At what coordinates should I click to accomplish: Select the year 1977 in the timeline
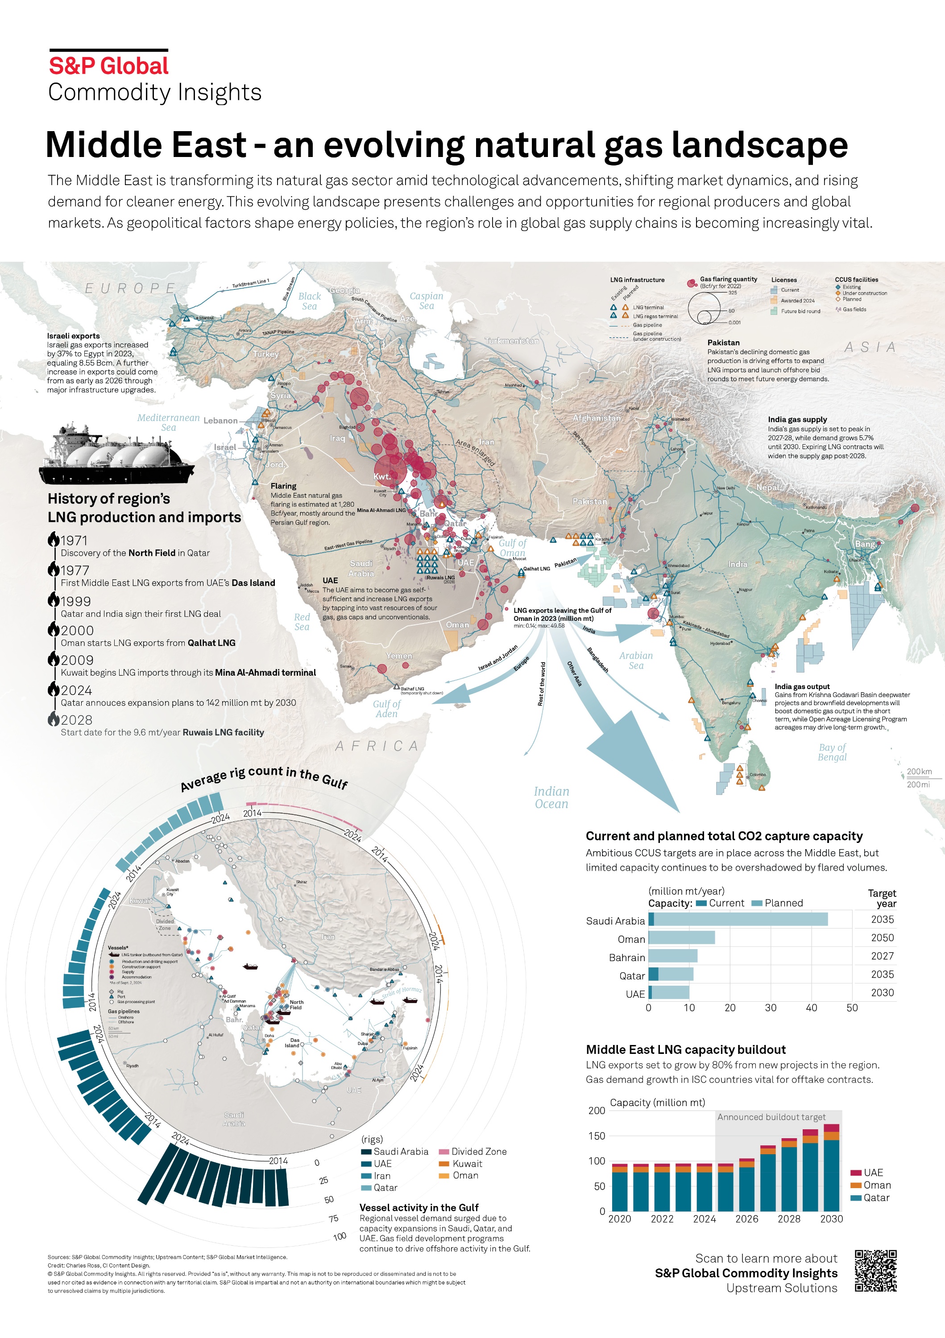click(x=75, y=570)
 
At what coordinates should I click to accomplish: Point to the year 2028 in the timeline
click(x=76, y=720)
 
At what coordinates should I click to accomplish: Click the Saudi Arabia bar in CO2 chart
click(x=738, y=920)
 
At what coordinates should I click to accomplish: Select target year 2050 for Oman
click(x=882, y=937)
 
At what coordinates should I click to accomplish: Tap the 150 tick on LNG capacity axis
click(x=597, y=1136)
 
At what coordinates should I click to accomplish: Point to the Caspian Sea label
click(x=426, y=301)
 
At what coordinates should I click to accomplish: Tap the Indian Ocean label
click(x=551, y=797)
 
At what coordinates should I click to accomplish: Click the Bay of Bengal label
click(x=832, y=752)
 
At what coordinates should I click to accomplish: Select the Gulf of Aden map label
click(x=386, y=709)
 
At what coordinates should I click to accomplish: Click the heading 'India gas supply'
click(x=797, y=420)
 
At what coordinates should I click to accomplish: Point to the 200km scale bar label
click(x=919, y=772)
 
